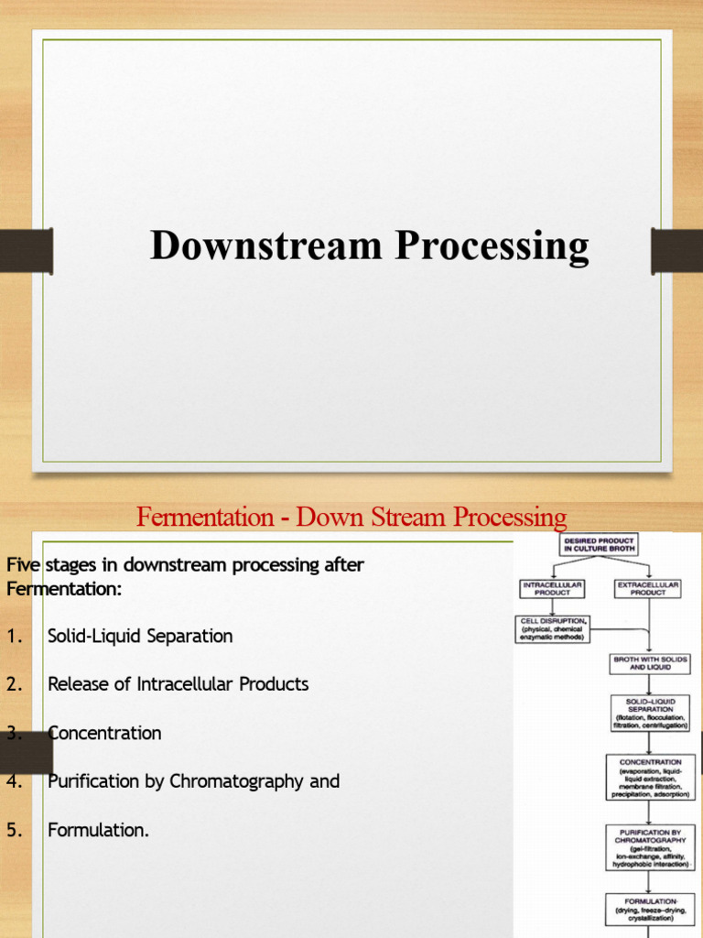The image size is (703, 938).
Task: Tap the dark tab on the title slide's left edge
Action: [26, 251]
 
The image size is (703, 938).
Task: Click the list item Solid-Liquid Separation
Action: [140, 636]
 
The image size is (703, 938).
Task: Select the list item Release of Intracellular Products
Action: [178, 684]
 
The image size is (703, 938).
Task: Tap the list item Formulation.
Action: [98, 830]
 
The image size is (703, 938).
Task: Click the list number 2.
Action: [14, 684]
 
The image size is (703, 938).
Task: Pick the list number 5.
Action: [14, 830]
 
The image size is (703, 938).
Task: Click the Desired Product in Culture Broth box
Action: [600, 545]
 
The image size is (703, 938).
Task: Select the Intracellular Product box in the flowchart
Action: [551, 588]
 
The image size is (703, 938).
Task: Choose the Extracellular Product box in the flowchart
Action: [648, 588]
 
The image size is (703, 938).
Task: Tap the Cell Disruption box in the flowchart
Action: [553, 629]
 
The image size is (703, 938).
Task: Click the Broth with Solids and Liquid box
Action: [650, 663]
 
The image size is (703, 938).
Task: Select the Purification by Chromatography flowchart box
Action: [650, 847]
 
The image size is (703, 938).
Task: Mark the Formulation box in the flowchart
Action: [650, 910]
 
